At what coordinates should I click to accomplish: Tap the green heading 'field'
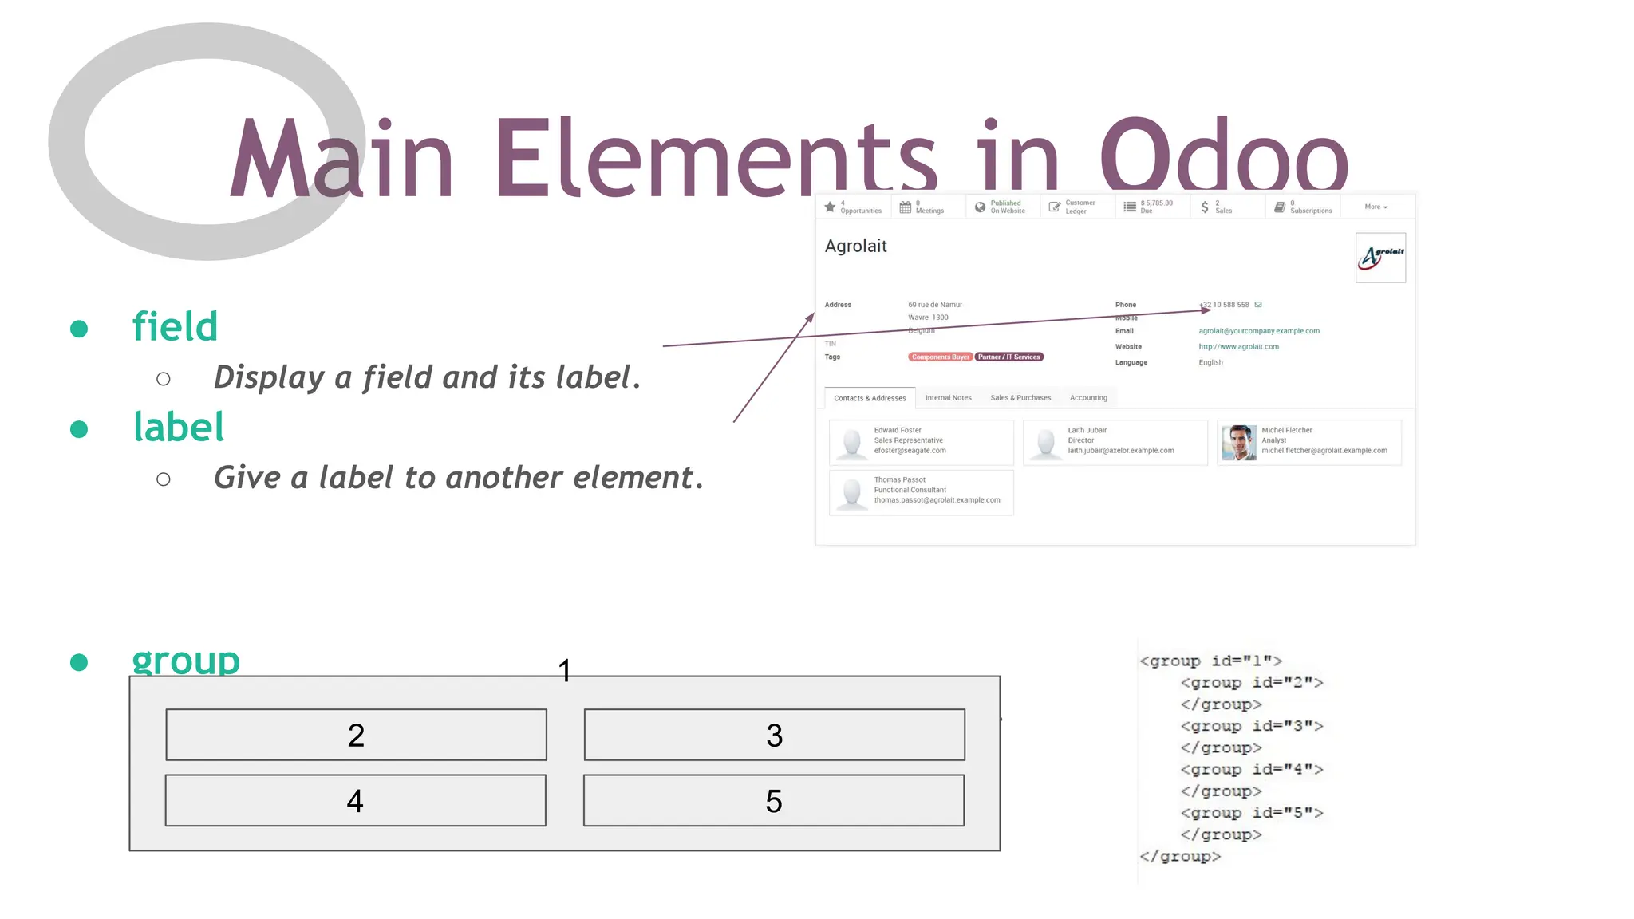(175, 326)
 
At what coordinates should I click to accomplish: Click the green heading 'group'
(186, 661)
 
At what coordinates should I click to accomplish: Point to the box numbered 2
(356, 735)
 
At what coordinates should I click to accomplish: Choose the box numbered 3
(774, 735)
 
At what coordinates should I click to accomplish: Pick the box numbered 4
(355, 800)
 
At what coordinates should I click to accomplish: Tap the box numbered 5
(773, 800)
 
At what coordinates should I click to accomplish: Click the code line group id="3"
(1251, 726)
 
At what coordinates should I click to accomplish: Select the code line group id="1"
(1210, 661)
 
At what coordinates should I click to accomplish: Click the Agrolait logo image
(1380, 257)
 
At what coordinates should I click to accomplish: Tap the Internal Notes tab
(948, 397)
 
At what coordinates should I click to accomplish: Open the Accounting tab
(1088, 397)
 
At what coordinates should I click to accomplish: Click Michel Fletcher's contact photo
(1238, 443)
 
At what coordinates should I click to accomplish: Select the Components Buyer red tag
(940, 357)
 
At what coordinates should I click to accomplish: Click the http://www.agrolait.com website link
(1238, 346)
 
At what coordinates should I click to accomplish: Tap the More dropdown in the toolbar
(1375, 207)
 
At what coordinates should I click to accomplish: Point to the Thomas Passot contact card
(921, 492)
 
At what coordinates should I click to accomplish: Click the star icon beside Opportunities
(830, 207)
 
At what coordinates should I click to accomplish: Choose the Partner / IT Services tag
(1008, 357)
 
